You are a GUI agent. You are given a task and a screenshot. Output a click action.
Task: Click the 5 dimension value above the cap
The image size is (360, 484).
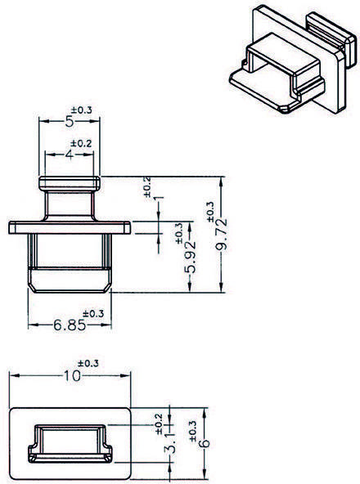69,122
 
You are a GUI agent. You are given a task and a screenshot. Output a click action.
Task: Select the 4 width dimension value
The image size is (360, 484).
69,154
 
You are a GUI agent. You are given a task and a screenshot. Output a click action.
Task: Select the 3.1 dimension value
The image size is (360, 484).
169,451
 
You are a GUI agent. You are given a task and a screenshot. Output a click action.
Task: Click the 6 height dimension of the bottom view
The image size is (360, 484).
205,441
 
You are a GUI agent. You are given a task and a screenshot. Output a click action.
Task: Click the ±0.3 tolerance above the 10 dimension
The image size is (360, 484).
88,363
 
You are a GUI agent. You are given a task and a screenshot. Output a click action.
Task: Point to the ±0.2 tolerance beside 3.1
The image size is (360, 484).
159,422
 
